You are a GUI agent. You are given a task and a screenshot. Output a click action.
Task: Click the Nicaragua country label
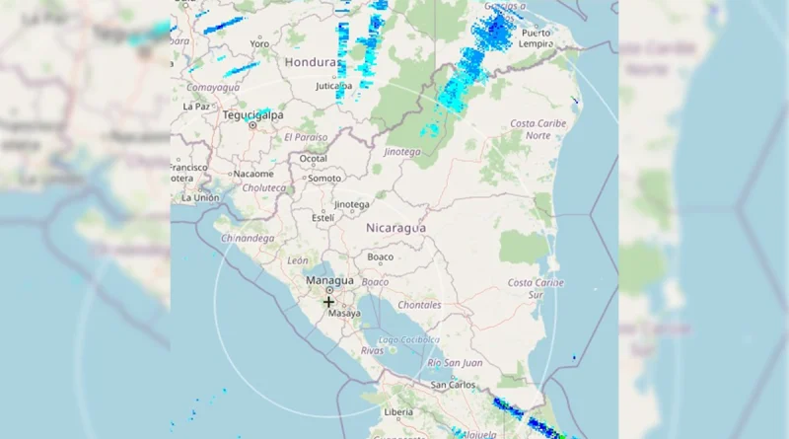point(395,228)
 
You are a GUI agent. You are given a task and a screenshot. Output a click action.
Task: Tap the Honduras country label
point(311,61)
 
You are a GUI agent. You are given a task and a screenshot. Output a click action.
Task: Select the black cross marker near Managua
point(328,302)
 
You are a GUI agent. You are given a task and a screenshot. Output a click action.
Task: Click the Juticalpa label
point(333,86)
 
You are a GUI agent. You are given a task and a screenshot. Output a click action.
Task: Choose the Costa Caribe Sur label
point(536,288)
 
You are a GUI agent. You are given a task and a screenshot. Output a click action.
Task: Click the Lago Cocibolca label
point(407,339)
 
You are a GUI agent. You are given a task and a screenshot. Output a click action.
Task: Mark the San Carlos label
point(448,384)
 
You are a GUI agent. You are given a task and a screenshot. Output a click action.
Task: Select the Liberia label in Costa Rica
point(397,411)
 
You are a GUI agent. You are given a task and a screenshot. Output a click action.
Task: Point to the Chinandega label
point(247,238)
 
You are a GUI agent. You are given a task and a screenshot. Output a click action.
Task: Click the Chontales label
point(420,305)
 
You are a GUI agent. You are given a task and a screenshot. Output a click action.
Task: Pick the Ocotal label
point(313,158)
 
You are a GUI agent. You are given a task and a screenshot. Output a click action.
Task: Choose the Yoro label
point(259,43)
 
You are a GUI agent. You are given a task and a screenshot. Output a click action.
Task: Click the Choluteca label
point(264,187)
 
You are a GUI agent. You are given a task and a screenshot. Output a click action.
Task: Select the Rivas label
point(372,350)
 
